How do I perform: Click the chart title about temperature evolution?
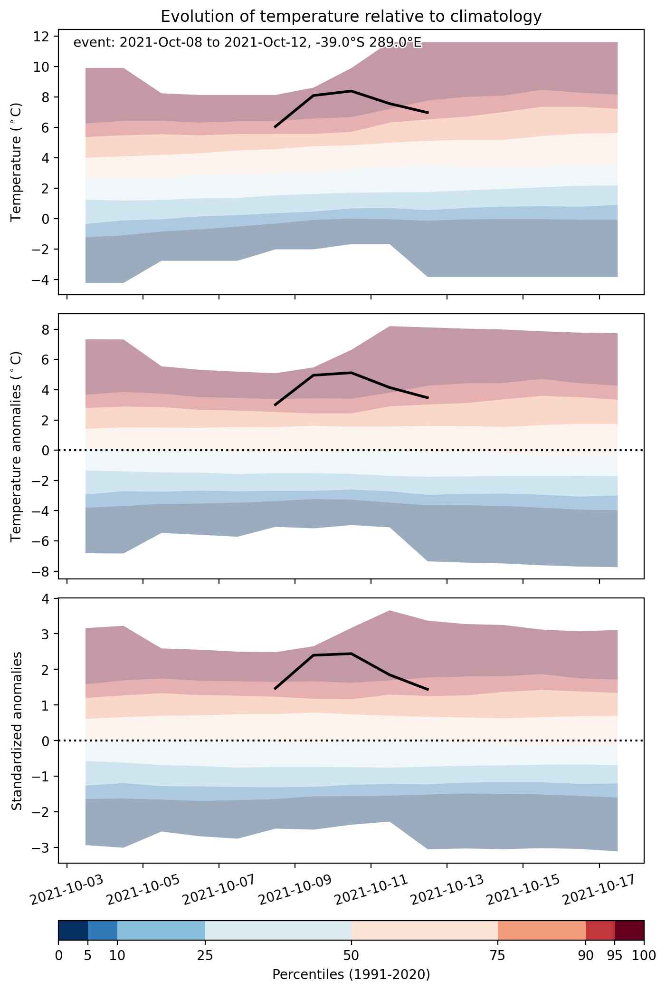click(x=351, y=17)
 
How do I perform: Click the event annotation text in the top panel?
click(x=247, y=43)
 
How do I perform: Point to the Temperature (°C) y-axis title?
click(x=17, y=162)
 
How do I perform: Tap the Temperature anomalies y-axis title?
click(x=17, y=446)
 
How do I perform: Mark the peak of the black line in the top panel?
click(x=351, y=91)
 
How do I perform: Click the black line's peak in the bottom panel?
click(x=351, y=654)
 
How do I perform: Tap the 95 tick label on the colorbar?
click(x=615, y=955)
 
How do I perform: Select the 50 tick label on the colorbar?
click(x=351, y=955)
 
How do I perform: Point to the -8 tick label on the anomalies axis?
click(x=42, y=571)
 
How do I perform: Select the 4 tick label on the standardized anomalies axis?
click(x=46, y=598)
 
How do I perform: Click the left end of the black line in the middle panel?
click(x=275, y=405)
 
